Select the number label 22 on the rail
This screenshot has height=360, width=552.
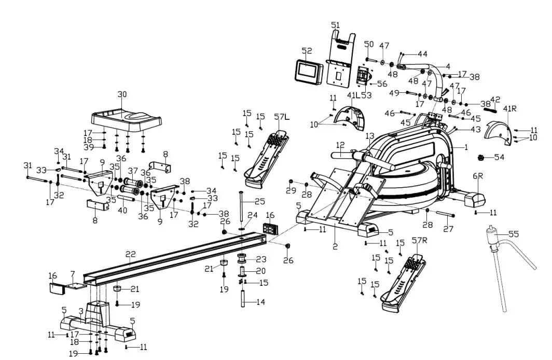130,255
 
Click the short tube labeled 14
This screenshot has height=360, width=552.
242,301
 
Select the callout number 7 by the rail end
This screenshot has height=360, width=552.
73,273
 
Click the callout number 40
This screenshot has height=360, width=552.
122,210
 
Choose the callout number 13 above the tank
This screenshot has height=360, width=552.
369,136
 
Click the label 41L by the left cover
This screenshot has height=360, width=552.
353,95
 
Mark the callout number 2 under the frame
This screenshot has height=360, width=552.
335,246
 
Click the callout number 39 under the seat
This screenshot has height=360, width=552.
89,148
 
